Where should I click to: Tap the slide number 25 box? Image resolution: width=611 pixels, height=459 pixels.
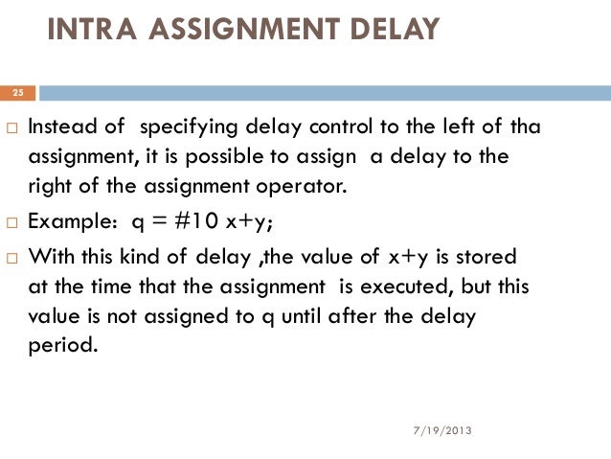tap(18, 93)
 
